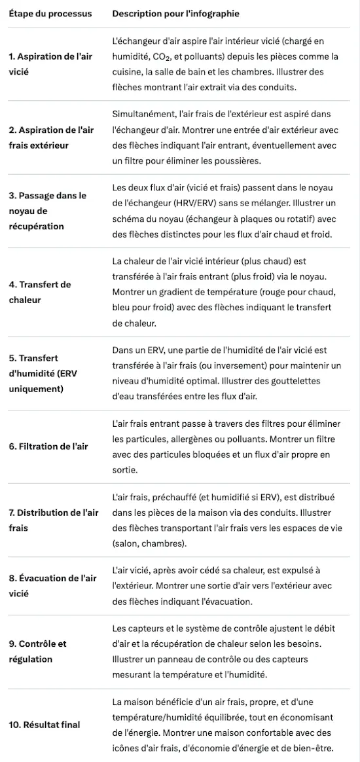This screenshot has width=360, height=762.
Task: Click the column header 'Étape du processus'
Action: coord(50,14)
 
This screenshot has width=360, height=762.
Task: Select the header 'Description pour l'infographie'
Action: coord(175,14)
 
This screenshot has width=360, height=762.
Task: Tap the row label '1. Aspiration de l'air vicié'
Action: coord(50,64)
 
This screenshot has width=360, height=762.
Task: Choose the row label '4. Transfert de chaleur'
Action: coord(40,292)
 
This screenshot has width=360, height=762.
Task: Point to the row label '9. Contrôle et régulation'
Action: coord(37,651)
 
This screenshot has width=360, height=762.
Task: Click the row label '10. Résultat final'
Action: coord(45,725)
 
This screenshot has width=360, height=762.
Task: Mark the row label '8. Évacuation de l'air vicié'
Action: coord(52,586)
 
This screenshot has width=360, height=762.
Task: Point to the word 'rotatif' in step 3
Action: coord(283,219)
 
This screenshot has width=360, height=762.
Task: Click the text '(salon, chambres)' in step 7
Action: coord(149,543)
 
